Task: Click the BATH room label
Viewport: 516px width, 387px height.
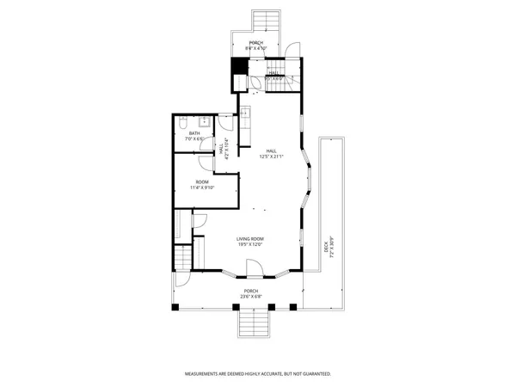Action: coord(194,136)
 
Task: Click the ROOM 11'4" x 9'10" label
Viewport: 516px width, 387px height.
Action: coord(202,185)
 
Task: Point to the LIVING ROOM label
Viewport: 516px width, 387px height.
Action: coord(250,242)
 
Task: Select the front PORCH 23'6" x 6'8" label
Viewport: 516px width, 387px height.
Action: coord(251,294)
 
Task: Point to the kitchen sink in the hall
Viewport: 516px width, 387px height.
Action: coord(244,112)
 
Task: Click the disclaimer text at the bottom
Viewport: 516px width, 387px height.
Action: coord(258,374)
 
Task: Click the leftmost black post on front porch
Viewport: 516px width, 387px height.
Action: coord(175,306)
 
